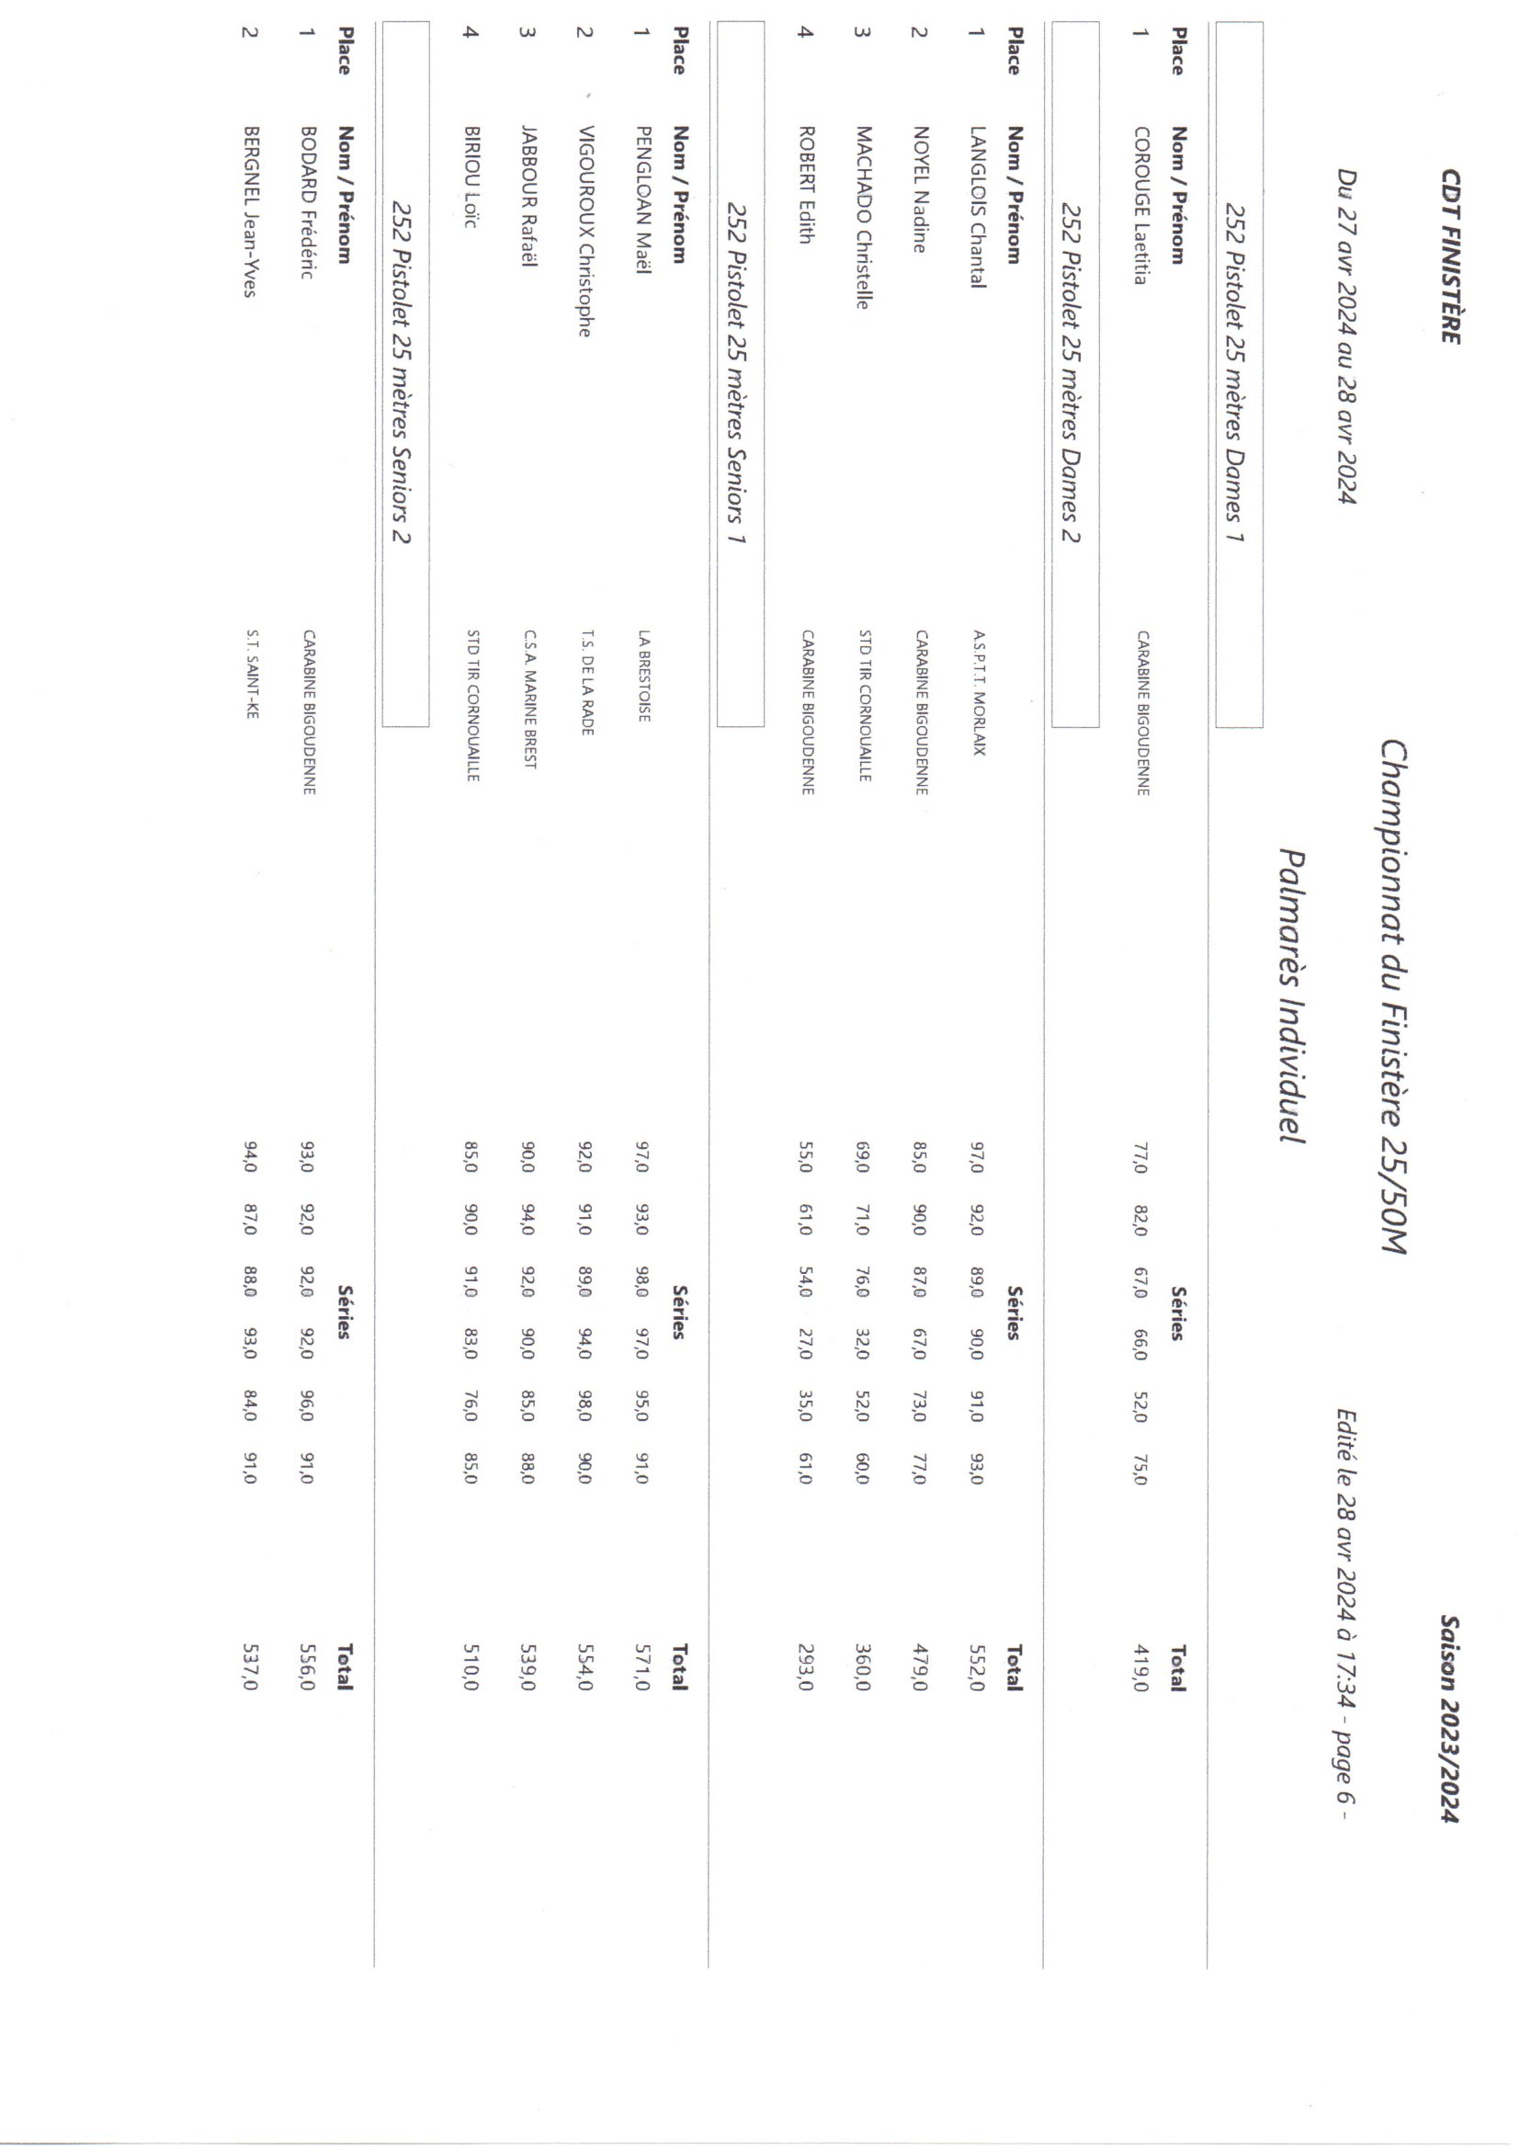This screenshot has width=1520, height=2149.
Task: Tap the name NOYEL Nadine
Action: (x=920, y=190)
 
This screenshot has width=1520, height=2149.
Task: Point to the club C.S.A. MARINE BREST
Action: (x=529, y=699)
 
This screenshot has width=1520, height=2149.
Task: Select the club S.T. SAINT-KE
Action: (x=251, y=674)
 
